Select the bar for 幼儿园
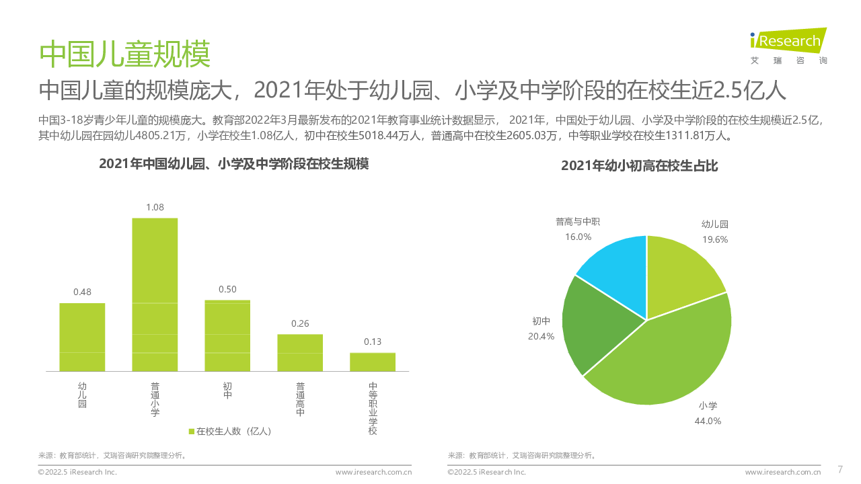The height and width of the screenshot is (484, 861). pyautogui.click(x=82, y=337)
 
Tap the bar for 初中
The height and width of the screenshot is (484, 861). pyautogui.click(x=227, y=335)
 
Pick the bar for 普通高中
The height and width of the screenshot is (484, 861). pyautogui.click(x=300, y=352)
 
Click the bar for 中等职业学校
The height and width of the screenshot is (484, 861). pyautogui.click(x=373, y=362)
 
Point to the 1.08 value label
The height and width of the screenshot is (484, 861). pyautogui.click(x=155, y=207)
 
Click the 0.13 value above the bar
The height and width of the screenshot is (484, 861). pyautogui.click(x=373, y=341)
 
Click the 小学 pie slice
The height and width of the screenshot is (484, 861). pyautogui.click(x=666, y=356)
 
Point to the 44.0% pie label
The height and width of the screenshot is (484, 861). pyautogui.click(x=708, y=421)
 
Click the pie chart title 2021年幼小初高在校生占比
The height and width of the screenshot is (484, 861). pyautogui.click(x=640, y=166)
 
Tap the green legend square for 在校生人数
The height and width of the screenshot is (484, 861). pyautogui.click(x=192, y=431)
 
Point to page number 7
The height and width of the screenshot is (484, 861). pyautogui.click(x=840, y=469)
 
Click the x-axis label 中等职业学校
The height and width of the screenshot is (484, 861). pyautogui.click(x=373, y=407)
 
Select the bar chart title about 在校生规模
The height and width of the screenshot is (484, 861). pyautogui.click(x=233, y=163)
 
